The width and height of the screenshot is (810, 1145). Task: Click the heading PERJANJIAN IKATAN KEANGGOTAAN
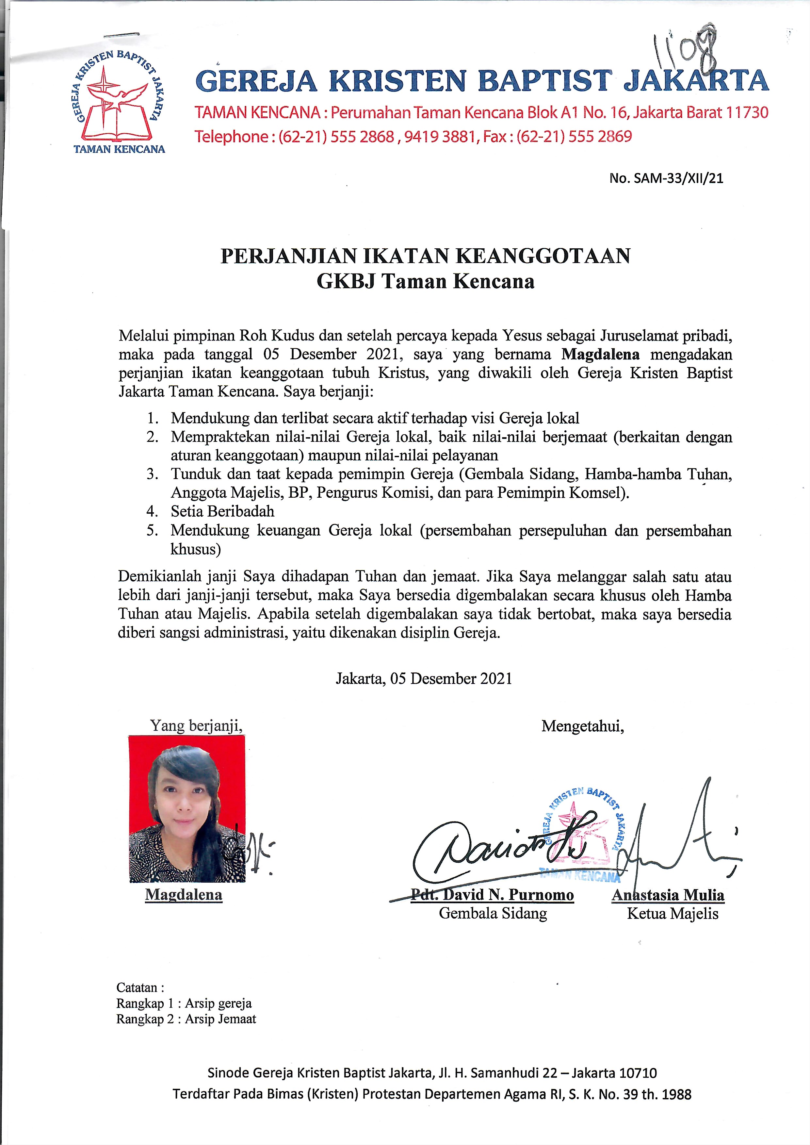[426, 256]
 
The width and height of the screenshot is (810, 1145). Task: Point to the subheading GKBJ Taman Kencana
[426, 281]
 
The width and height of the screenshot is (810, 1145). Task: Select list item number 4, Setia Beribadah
[222, 511]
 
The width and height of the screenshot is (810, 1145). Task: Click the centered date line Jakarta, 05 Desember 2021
[424, 678]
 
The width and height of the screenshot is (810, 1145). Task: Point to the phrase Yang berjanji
[196, 725]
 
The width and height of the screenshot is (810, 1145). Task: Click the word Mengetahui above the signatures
[583, 726]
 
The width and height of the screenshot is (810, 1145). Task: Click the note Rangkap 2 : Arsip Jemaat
[186, 1019]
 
